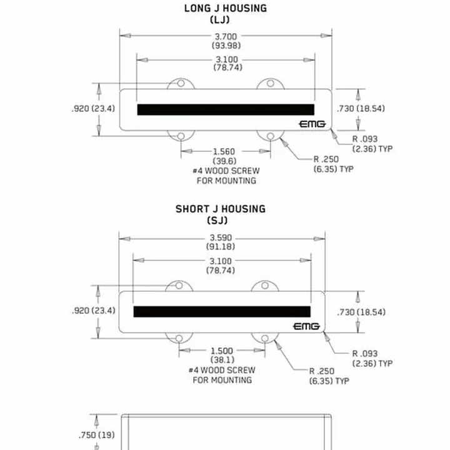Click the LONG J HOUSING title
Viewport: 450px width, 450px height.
[x=225, y=8]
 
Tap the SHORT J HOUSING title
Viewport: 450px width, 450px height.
[x=221, y=209]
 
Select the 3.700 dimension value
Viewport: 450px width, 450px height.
[x=226, y=37]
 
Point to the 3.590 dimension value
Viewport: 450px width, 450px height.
[x=221, y=238]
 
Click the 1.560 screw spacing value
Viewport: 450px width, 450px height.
[x=224, y=151]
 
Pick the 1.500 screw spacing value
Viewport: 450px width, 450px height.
[x=222, y=351]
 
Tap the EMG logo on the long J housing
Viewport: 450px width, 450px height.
[x=312, y=124]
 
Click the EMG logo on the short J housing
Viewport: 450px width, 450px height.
[x=306, y=326]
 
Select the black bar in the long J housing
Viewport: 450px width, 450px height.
[x=226, y=109]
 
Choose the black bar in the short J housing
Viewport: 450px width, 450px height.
[x=222, y=312]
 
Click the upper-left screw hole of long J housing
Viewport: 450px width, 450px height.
[x=181, y=83]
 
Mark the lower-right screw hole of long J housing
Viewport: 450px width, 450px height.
[x=271, y=136]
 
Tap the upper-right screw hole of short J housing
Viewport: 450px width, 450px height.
[x=265, y=286]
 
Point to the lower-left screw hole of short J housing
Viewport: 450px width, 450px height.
[x=179, y=338]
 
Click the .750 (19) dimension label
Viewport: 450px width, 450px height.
[x=97, y=435]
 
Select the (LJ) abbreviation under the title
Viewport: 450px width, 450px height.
[x=219, y=20]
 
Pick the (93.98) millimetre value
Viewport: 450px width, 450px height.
[x=226, y=46]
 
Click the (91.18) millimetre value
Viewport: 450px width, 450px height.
[x=221, y=246]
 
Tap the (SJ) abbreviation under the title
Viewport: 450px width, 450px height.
[x=217, y=221]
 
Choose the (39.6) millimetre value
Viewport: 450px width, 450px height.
[x=224, y=161]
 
